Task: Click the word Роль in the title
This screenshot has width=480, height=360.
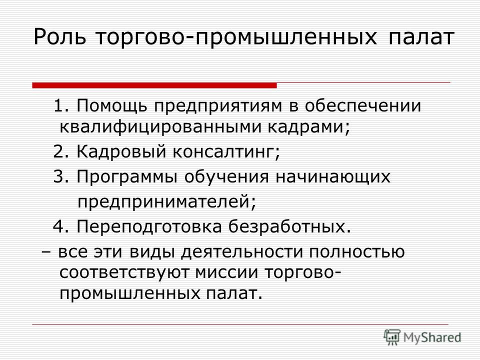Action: click(59, 37)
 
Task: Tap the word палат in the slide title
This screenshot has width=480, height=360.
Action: click(420, 37)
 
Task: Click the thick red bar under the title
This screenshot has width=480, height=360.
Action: click(154, 85)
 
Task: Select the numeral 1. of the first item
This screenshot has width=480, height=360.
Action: click(62, 106)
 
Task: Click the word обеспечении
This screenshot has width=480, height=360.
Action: click(363, 106)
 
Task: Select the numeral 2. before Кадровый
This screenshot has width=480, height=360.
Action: click(62, 151)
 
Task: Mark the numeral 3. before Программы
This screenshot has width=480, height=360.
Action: click(62, 176)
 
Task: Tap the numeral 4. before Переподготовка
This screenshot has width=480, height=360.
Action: click(62, 226)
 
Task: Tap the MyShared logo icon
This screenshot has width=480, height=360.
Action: click(392, 337)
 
